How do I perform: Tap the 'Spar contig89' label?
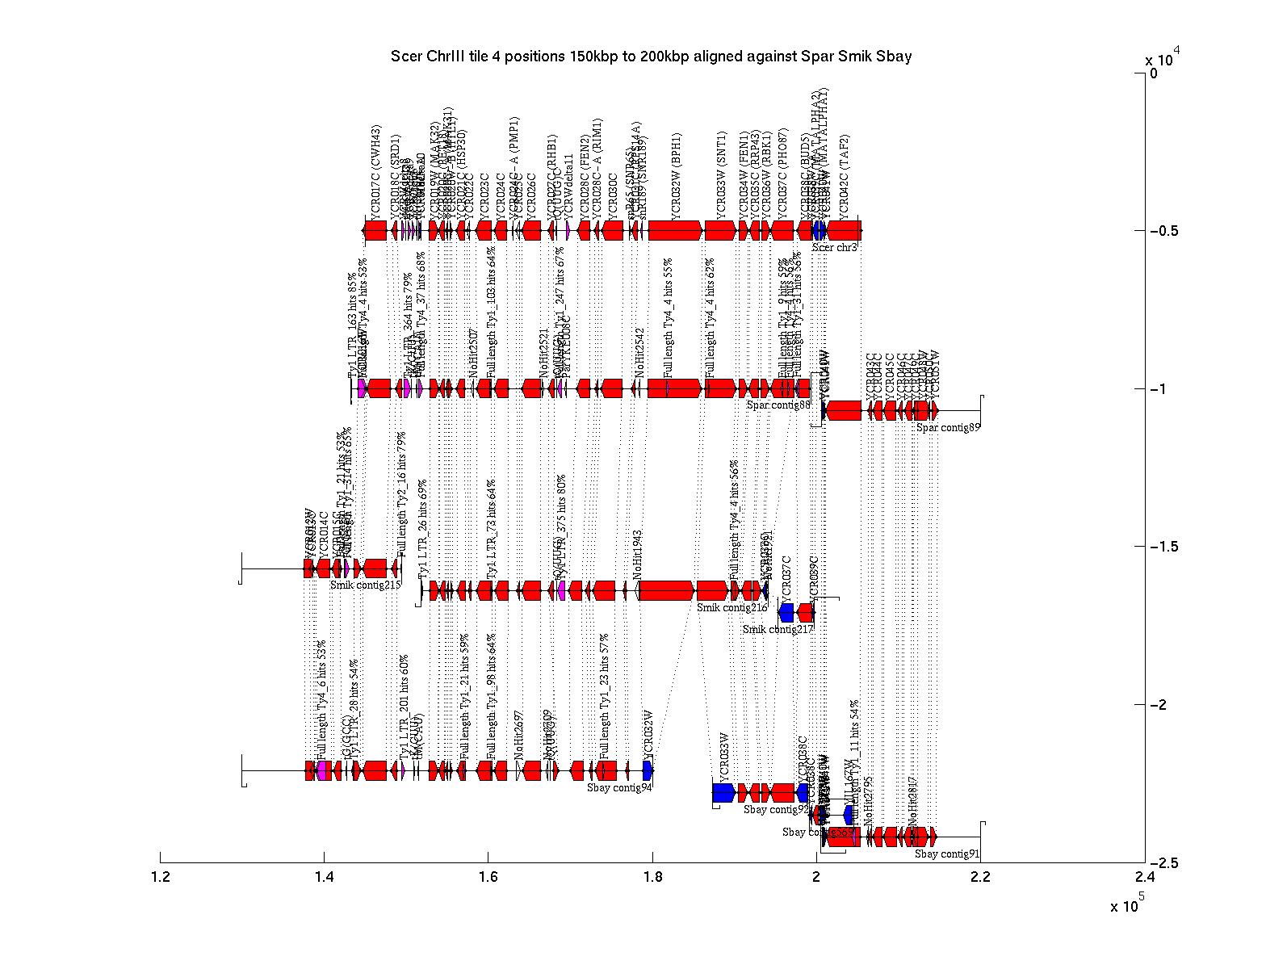948,428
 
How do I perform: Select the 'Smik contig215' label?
365,585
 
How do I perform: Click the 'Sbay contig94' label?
619,787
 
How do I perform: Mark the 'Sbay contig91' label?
947,854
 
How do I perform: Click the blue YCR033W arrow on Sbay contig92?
723,793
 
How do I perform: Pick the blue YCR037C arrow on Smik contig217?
786,612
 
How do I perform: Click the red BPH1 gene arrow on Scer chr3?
674,231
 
